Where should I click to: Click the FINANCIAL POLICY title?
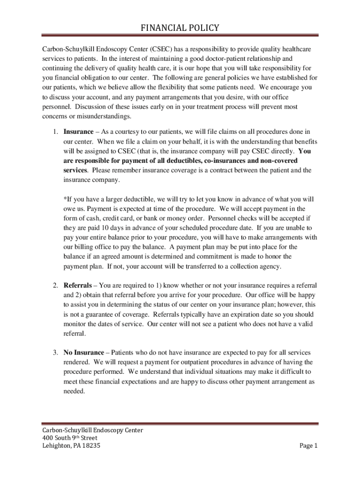click(x=180, y=28)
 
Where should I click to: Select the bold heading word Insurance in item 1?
click(x=78, y=131)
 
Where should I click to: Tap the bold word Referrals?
click(x=78, y=285)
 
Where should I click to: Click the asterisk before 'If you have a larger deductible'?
click(x=65, y=199)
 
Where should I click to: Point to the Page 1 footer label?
click(x=309, y=445)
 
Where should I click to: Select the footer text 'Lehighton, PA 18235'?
click(x=71, y=445)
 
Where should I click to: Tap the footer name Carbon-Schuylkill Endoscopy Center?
click(x=93, y=430)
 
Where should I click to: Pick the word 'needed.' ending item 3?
click(x=74, y=391)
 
